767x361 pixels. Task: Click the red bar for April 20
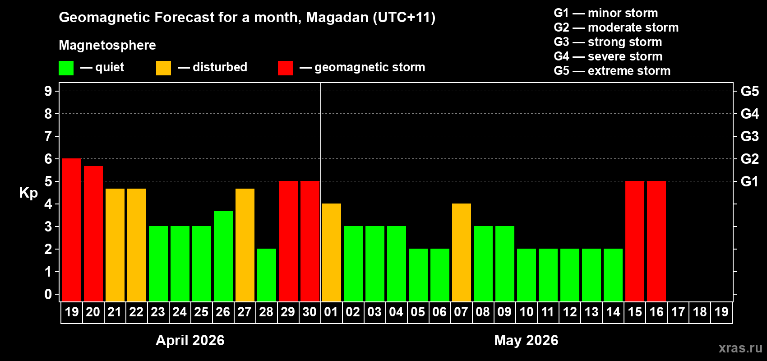[93, 233]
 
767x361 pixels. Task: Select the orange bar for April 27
[245, 245]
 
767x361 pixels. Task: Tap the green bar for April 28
[267, 275]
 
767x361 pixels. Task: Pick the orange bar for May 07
[462, 252]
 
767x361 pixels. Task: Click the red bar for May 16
[656, 241]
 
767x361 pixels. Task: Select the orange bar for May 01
[332, 252]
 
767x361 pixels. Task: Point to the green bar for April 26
[223, 256]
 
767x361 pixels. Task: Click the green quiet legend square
[66, 68]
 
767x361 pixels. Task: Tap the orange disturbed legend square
[163, 68]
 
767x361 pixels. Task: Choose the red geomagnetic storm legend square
[285, 68]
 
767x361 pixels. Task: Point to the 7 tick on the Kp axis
[48, 136]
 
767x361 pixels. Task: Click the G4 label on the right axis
[749, 114]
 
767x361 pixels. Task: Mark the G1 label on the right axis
[749, 181]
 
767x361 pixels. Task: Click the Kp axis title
[28, 193]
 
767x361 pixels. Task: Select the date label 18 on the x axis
[700, 312]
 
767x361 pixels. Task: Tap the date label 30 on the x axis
[310, 312]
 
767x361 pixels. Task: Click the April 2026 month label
[190, 340]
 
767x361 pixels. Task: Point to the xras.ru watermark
[740, 348]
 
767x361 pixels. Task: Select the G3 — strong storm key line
[608, 42]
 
